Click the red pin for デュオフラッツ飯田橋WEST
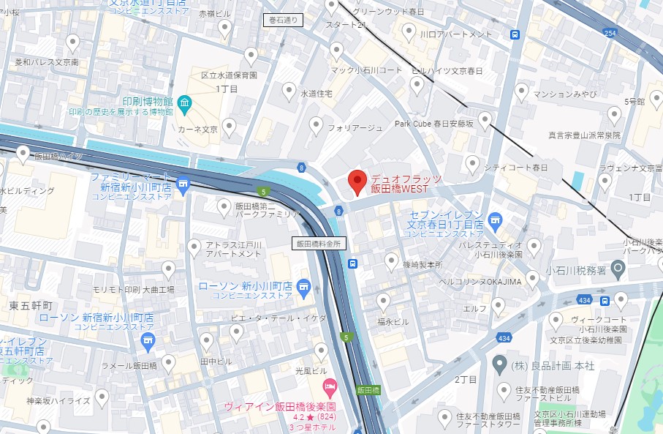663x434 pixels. point(357,181)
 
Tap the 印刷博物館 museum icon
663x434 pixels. point(183,101)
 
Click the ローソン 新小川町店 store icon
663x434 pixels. point(304,285)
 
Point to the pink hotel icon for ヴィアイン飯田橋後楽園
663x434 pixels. point(329,385)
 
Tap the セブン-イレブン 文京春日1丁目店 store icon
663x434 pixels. point(495,218)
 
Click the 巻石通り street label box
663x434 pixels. point(281,21)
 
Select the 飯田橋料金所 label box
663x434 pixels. point(319,243)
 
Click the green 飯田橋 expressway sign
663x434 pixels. point(368,391)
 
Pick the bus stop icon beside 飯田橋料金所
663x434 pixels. point(353,263)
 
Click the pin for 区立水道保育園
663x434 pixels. point(251,56)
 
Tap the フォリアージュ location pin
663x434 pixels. point(317,126)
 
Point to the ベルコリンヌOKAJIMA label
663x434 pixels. point(490,282)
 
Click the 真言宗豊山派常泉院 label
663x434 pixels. point(584,135)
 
